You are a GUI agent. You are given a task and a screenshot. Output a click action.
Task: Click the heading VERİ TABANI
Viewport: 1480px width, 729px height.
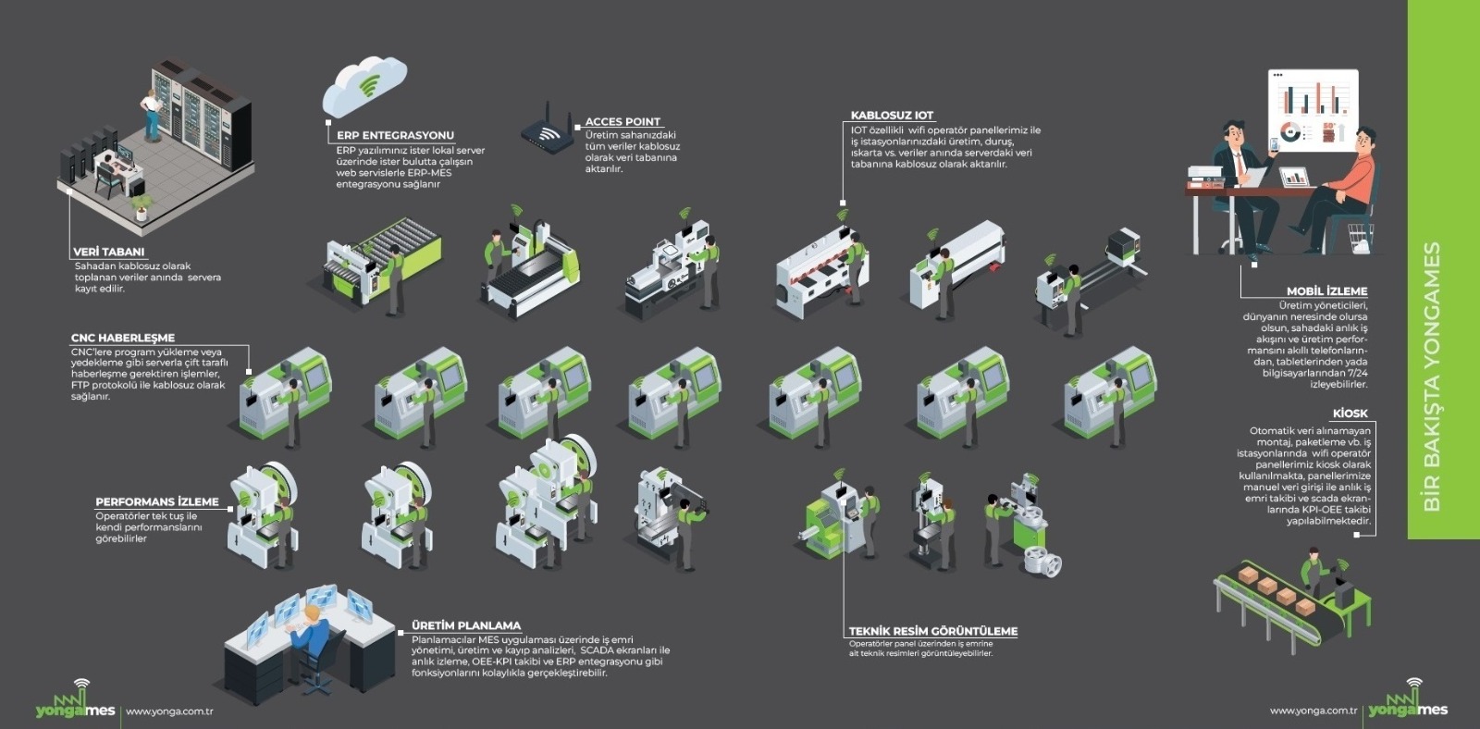pyautogui.click(x=109, y=252)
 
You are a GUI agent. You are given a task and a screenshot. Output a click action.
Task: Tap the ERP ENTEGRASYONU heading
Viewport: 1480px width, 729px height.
pyautogui.click(x=395, y=135)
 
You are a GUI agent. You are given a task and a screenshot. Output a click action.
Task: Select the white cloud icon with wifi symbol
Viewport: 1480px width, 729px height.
pyautogui.click(x=364, y=85)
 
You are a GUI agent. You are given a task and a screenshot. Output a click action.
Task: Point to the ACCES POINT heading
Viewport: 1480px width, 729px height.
pyautogui.click(x=623, y=121)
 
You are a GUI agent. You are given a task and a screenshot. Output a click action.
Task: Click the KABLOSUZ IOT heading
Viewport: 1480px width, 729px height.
pyautogui.click(x=892, y=116)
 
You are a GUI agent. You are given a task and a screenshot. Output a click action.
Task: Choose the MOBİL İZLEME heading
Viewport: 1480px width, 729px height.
pyautogui.click(x=1326, y=291)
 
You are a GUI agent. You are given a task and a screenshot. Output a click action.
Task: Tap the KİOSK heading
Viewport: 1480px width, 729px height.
pyautogui.click(x=1350, y=414)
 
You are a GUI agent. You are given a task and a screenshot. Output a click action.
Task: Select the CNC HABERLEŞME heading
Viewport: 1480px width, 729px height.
pyautogui.click(x=123, y=338)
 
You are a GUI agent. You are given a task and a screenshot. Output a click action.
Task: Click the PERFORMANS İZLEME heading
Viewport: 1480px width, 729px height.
pyautogui.click(x=157, y=501)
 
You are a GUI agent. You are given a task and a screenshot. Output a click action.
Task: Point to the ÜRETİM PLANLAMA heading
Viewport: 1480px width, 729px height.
pyautogui.click(x=466, y=625)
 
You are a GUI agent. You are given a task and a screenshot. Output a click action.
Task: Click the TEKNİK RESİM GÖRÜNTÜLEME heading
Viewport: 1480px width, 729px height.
pyautogui.click(x=932, y=631)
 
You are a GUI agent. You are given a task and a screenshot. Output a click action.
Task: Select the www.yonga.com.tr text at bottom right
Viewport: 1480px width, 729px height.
pyautogui.click(x=1313, y=710)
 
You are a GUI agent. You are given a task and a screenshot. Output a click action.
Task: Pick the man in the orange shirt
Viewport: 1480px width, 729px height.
pyautogui.click(x=1346, y=190)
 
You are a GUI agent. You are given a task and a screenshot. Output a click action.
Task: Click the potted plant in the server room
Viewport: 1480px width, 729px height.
pyautogui.click(x=141, y=205)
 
